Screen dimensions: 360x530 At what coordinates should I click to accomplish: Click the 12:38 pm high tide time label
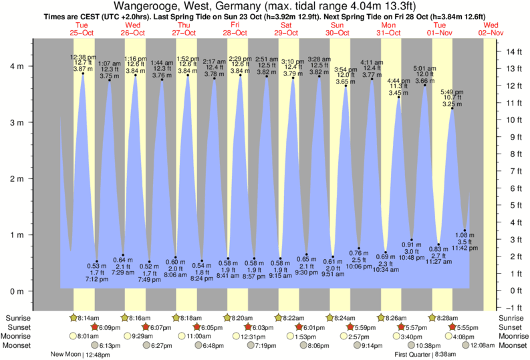coord(83,57)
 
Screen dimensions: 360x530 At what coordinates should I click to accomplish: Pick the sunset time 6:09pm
coord(108,327)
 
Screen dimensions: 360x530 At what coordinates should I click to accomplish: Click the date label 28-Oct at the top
coord(235,32)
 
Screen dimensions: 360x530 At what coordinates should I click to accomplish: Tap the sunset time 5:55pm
coord(468,327)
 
